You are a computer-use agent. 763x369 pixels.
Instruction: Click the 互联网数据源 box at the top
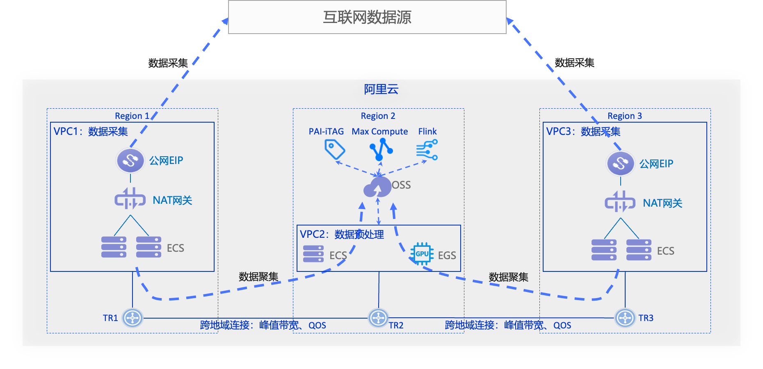coord(367,17)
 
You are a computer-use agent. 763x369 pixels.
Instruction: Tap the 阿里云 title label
coord(381,89)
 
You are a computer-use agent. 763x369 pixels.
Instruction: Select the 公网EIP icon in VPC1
coord(130,160)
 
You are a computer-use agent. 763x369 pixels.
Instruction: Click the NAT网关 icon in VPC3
coord(620,202)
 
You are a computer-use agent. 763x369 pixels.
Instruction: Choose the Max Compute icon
coord(381,149)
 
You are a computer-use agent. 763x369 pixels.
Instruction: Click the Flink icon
coord(427,149)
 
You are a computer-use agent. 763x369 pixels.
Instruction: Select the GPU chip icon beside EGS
coord(422,254)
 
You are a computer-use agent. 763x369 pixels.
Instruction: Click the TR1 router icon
coord(132,318)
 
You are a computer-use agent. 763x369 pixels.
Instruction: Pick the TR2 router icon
coord(378,318)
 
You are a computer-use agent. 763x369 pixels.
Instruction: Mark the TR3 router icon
coord(625,318)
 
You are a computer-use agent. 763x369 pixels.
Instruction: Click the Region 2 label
coord(378,116)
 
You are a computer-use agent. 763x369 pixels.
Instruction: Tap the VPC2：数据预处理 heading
coord(342,235)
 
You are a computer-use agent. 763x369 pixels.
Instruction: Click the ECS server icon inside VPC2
coord(313,254)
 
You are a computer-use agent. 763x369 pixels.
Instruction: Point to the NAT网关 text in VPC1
coord(172,200)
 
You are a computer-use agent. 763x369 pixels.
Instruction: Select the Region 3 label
coord(624,116)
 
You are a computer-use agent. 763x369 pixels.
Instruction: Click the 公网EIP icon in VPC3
coord(621,164)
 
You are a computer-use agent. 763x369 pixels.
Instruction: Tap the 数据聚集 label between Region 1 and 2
coord(258,277)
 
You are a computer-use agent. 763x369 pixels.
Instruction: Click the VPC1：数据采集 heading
coord(91,132)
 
